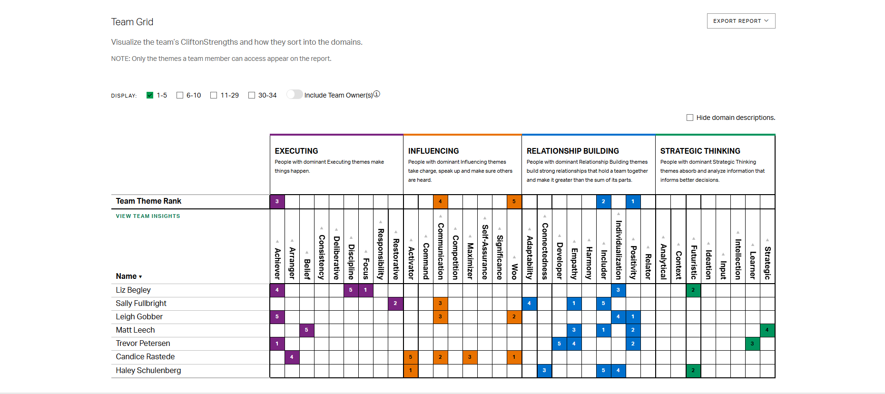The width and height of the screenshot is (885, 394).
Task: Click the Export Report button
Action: coord(741,21)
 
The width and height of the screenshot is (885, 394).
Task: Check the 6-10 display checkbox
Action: coord(180,95)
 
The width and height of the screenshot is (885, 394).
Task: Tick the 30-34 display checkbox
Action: coord(252,95)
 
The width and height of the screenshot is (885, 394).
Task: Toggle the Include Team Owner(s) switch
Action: coord(295,95)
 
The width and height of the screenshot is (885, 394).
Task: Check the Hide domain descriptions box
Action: coord(690,118)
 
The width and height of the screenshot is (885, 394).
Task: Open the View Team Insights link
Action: coord(148,216)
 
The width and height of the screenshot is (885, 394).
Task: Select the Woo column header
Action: coord(514,271)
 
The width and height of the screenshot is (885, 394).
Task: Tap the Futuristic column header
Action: coord(694,262)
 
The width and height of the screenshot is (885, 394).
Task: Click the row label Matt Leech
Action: coord(135,330)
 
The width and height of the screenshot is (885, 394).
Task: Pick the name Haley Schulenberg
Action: coord(148,370)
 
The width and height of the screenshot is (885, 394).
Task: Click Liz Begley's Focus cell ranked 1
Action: coord(365,290)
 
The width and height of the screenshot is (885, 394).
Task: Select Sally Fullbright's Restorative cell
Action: coord(395,303)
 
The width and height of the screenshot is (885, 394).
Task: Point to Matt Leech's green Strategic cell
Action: coord(767,330)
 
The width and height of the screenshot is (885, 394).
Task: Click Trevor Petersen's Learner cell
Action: coord(752,343)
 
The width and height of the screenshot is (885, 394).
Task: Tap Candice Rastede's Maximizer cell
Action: coord(470,357)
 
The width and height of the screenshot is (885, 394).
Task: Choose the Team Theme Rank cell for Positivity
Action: coord(633,201)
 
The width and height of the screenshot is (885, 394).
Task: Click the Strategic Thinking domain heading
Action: coord(700,151)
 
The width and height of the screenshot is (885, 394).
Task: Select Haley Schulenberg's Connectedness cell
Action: coord(544,370)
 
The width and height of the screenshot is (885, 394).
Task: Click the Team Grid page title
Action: coord(132,22)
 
